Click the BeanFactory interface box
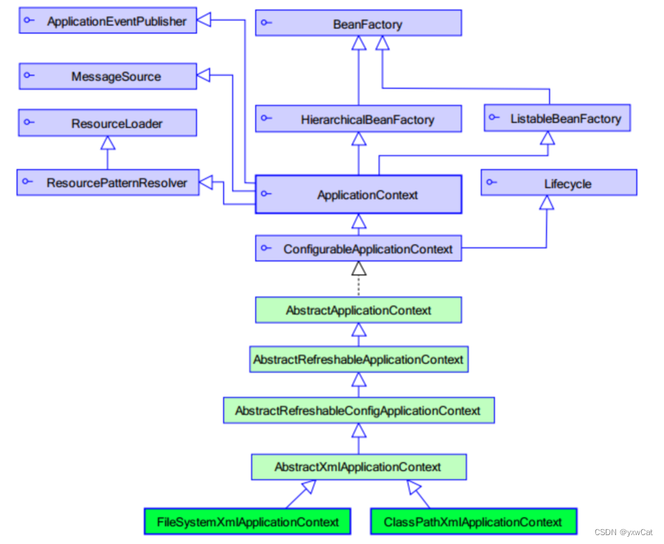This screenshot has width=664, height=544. click(359, 24)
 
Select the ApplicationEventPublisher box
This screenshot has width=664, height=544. click(108, 21)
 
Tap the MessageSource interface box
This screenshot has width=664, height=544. click(108, 77)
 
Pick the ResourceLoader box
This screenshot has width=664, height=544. click(108, 123)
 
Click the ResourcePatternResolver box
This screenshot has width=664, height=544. click(108, 182)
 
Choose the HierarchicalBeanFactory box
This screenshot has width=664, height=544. click(359, 119)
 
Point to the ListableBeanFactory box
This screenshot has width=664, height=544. click(557, 118)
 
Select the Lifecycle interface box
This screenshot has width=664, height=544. click(558, 183)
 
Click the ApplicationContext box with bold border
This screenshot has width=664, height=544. click(359, 195)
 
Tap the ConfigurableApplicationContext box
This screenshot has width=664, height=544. click(359, 249)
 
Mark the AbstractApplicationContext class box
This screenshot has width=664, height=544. click(359, 310)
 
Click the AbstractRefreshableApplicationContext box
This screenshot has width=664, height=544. click(359, 359)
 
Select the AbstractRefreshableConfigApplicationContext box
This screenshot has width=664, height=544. click(359, 410)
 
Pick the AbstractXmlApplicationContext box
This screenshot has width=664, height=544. click(359, 466)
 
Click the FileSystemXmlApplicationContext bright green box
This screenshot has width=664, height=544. click(248, 522)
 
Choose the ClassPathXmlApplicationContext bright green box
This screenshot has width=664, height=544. click(473, 522)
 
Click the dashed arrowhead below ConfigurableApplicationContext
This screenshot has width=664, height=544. click(359, 269)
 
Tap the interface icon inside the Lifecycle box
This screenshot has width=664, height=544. click(493, 182)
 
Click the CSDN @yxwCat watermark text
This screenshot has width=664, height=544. click(623, 532)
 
